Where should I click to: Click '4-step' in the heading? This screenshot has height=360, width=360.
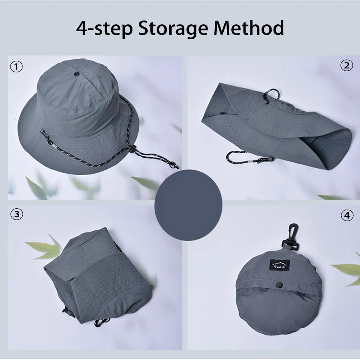pyautogui.click(x=104, y=29)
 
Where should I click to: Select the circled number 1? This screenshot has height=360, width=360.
pyautogui.click(x=16, y=67)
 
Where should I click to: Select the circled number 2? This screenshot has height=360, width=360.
pyautogui.click(x=346, y=66)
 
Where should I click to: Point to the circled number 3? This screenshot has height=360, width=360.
pyautogui.click(x=16, y=214)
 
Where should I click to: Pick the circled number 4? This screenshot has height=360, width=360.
pyautogui.click(x=347, y=215)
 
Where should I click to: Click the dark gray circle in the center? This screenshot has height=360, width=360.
pyautogui.click(x=188, y=205)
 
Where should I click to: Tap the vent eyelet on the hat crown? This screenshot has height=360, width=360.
pyautogui.click(x=76, y=74)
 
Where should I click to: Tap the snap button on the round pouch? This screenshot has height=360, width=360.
pyautogui.click(x=280, y=284)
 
